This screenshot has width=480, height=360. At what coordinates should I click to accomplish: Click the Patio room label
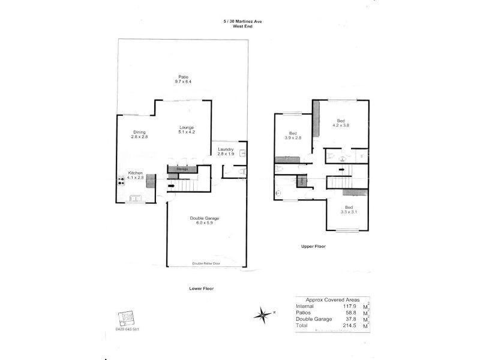[184, 76]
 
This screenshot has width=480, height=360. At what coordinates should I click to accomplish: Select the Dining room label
[140, 132]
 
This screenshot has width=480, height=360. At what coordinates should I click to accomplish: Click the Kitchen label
[135, 173]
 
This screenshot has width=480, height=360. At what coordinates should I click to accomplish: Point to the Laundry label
[226, 149]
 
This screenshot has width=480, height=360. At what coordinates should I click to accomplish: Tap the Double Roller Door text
[206, 263]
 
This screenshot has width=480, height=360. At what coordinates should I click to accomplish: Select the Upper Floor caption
[313, 246]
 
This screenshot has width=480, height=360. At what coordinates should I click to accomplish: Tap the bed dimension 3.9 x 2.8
[293, 138]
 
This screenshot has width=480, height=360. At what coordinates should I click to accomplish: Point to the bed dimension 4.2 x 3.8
[341, 125]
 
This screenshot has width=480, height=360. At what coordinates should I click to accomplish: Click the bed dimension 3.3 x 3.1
[349, 212]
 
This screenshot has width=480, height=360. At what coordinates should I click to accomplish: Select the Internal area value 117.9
[344, 306]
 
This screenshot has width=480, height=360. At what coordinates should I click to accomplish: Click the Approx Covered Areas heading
[332, 299]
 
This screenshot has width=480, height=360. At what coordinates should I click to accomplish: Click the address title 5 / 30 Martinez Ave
[242, 21]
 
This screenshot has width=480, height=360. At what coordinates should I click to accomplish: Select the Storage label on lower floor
[182, 169]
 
